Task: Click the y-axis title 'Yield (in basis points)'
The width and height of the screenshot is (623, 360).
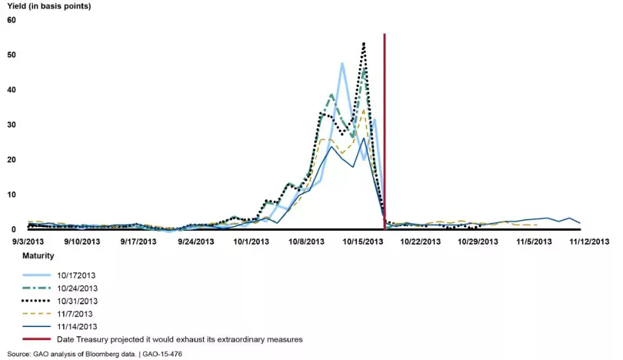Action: [x=49, y=7]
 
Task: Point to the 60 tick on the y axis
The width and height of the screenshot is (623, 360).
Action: [x=11, y=20]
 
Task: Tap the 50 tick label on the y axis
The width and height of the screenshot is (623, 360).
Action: [x=11, y=55]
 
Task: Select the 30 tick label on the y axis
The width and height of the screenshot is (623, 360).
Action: [x=11, y=125]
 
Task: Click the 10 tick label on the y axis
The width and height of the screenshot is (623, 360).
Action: [x=11, y=195]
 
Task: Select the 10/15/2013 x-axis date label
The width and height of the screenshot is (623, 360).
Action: [x=363, y=241]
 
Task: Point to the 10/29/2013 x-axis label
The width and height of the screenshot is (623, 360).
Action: [x=478, y=241]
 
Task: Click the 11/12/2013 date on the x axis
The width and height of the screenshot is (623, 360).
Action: [x=589, y=241]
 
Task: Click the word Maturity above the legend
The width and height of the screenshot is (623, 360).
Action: [x=38, y=255]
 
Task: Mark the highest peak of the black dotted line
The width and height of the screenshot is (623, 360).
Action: [x=363, y=44]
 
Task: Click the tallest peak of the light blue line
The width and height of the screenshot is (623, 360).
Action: [x=342, y=63]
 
